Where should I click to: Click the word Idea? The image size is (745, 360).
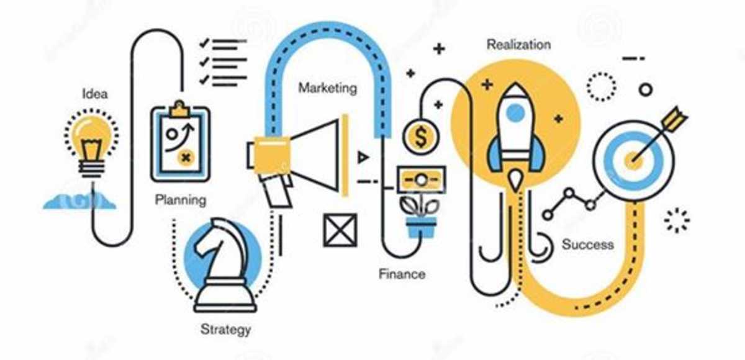point(95,94)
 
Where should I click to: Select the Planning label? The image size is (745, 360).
point(181,200)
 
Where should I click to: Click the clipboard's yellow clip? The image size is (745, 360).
point(179,110)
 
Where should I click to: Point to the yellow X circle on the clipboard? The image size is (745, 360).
point(186,157)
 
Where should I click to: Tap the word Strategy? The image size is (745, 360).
point(226,330)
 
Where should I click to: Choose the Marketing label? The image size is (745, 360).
point(328,88)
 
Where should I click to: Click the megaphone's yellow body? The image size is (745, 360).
point(272,154)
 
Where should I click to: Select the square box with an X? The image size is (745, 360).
point(340,230)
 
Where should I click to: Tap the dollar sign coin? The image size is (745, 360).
point(421,137)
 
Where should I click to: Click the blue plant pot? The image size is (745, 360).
point(421,227)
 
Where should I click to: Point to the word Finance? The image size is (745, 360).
point(402,274)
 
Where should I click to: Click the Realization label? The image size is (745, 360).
point(519,45)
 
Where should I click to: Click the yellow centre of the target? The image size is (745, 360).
point(634,161)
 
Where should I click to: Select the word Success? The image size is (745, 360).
point(588,245)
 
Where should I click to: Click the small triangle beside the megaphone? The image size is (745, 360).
point(363,157)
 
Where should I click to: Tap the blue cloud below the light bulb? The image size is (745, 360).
point(80,202)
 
